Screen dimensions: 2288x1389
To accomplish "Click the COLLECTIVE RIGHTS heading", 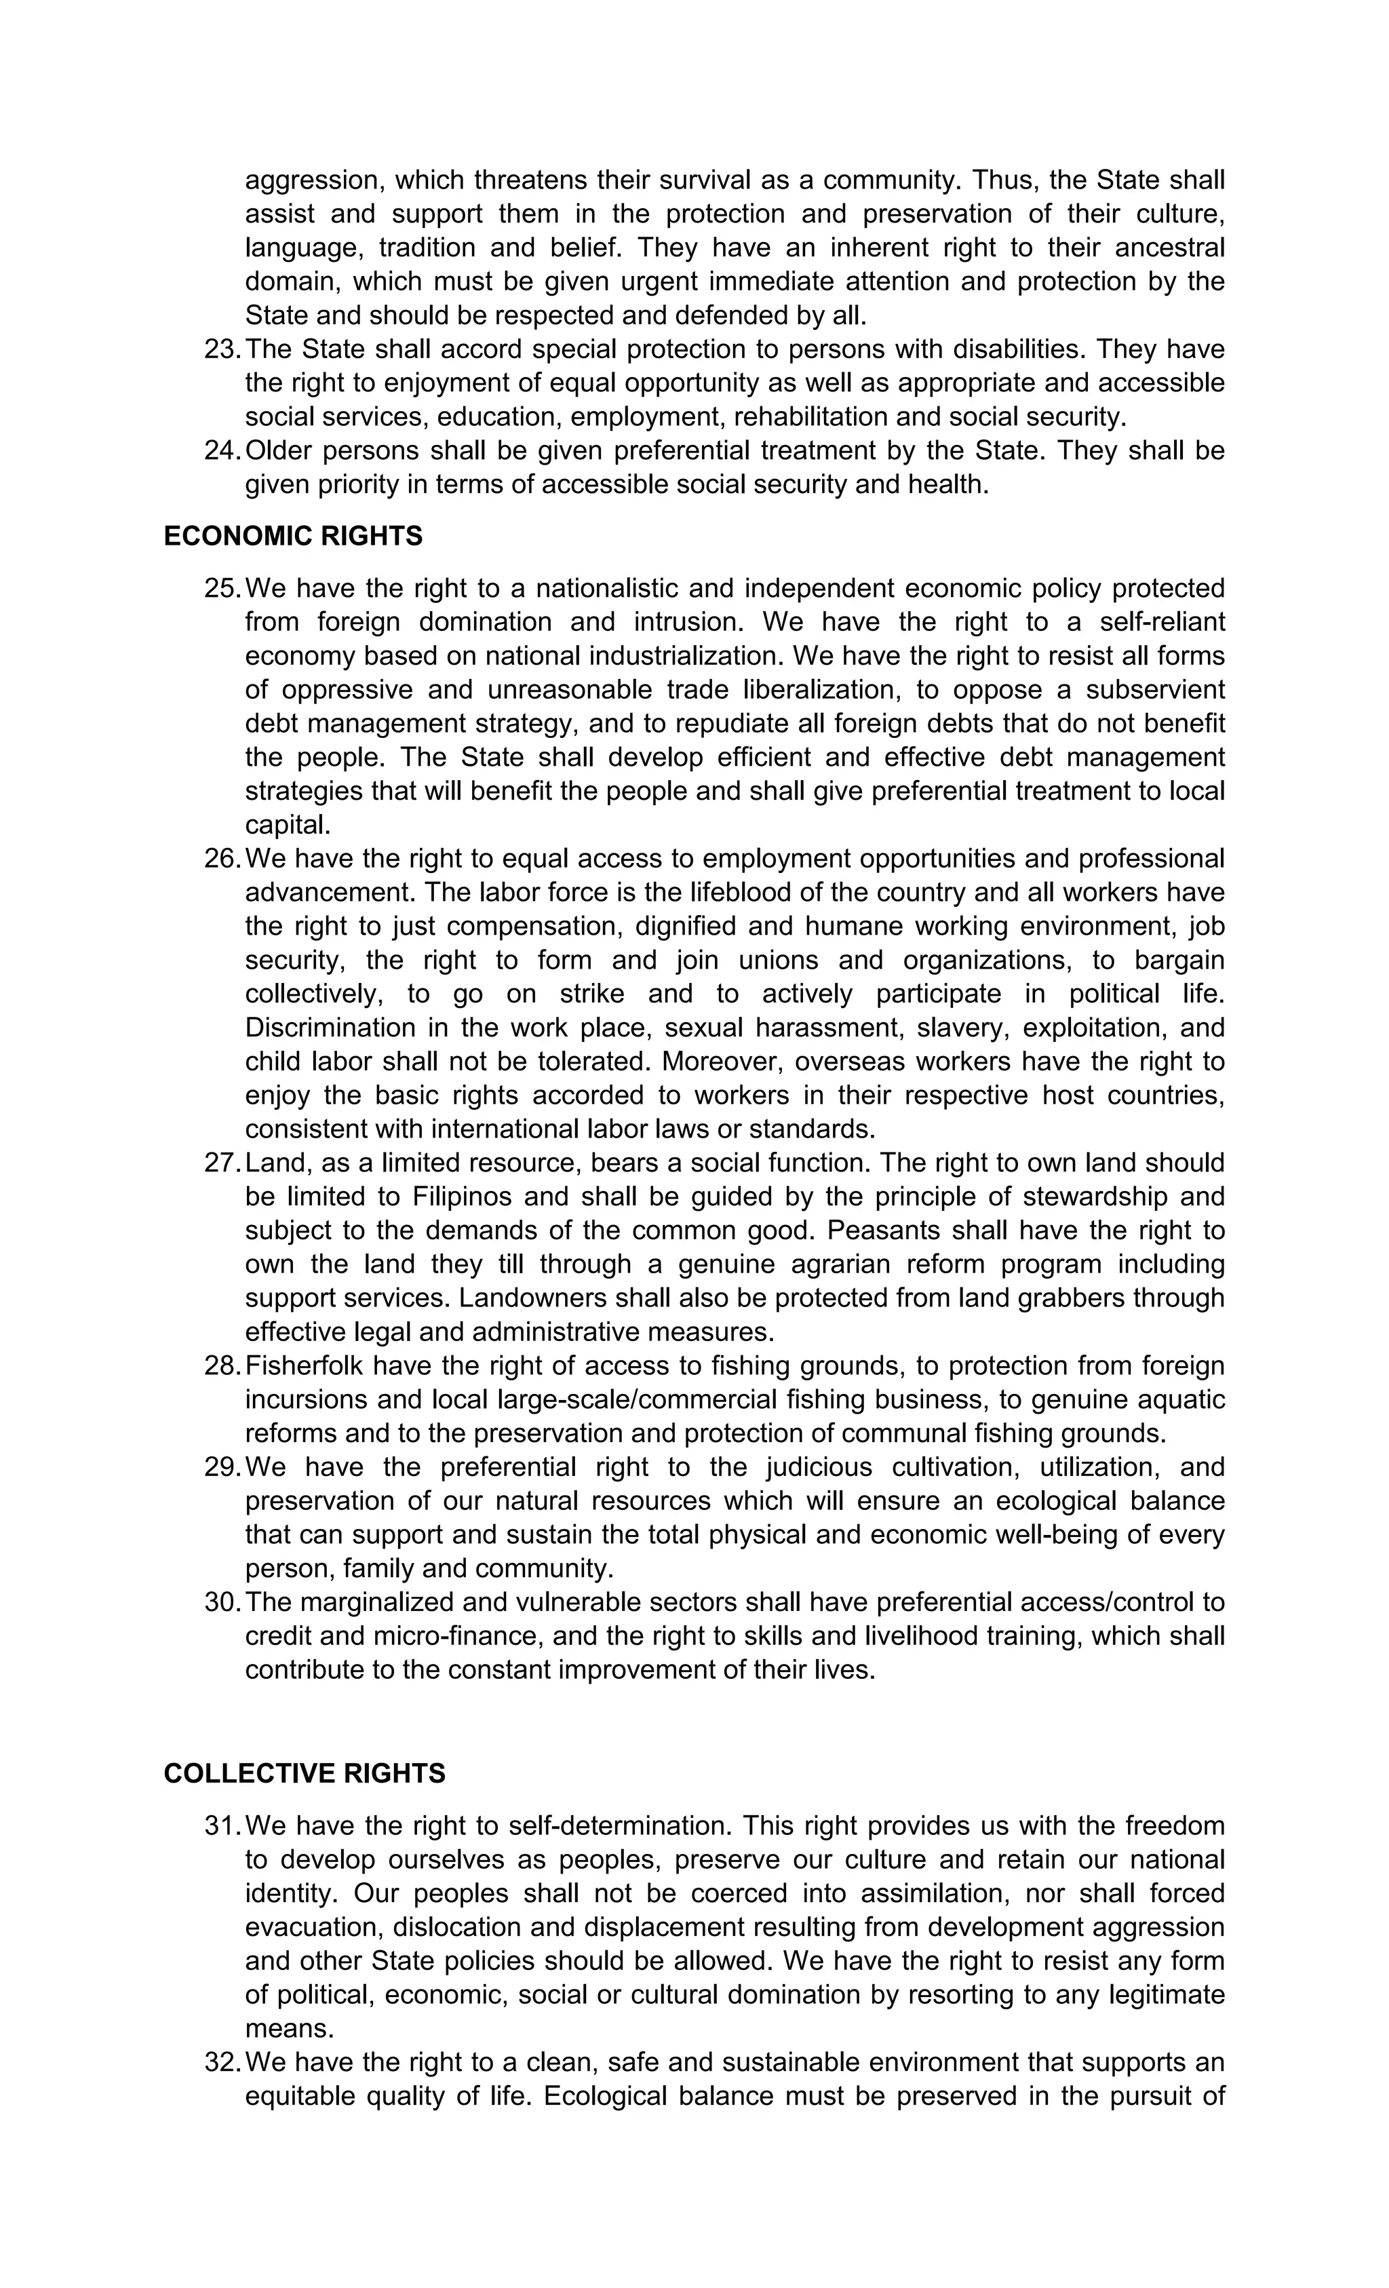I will [304, 1774].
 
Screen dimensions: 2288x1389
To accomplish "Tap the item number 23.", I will [222, 349].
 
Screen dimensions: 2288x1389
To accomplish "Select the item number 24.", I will [222, 450].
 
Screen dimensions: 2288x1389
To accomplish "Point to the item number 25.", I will [222, 588].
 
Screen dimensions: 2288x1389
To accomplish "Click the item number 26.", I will [222, 858].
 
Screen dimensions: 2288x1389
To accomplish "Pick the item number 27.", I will [222, 1163].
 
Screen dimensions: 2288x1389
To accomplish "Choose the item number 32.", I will [222, 2062].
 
